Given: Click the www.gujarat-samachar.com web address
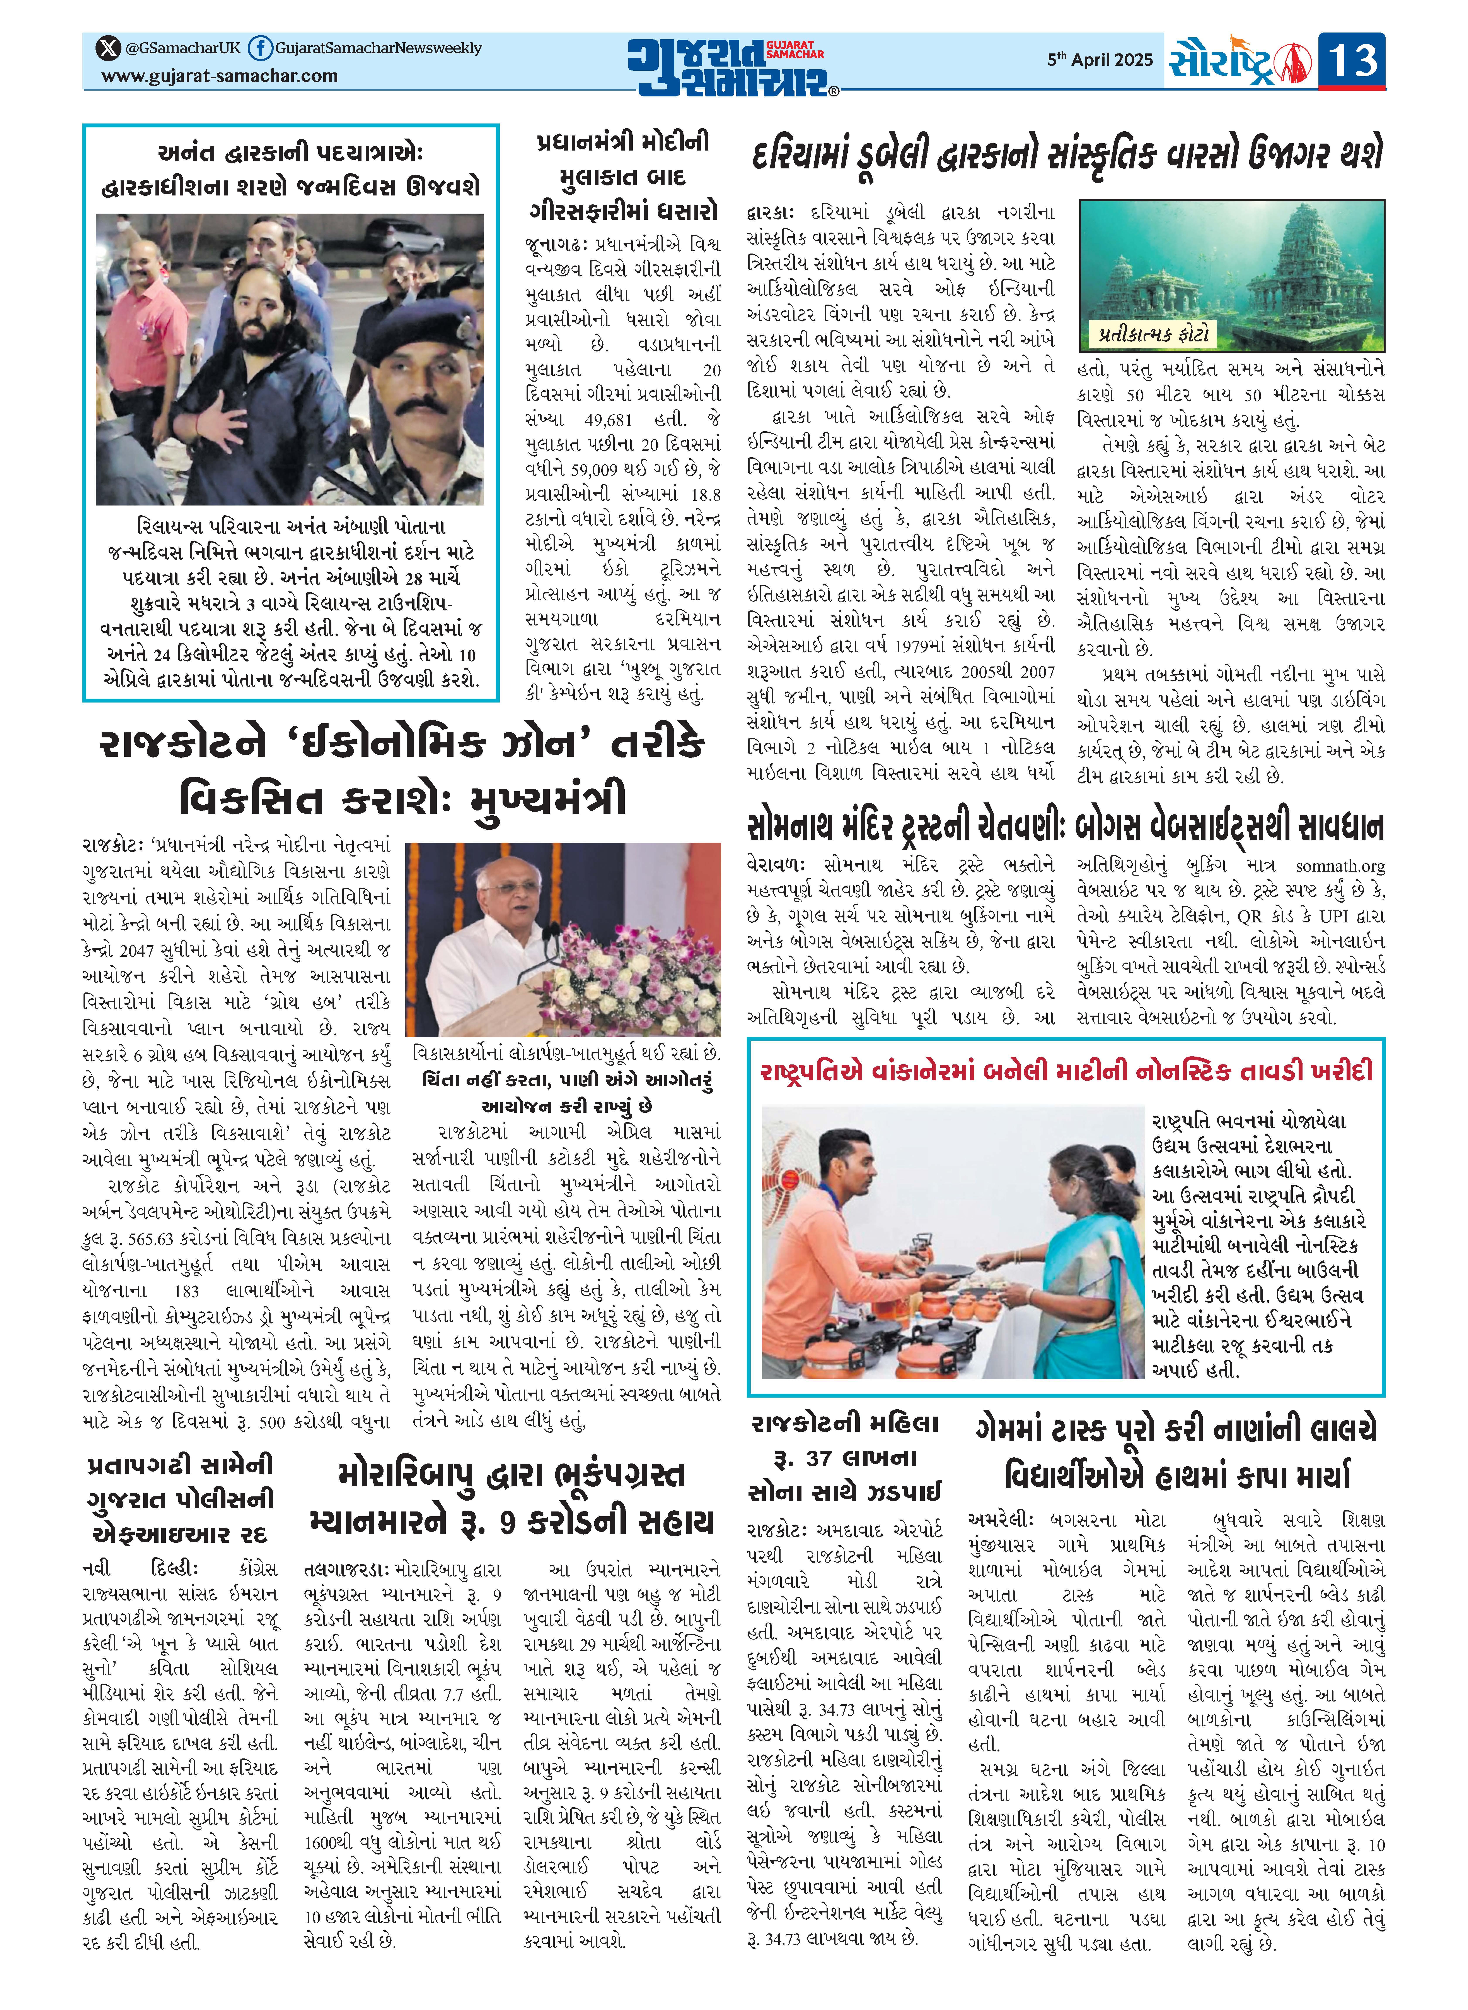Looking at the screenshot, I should tap(219, 76).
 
